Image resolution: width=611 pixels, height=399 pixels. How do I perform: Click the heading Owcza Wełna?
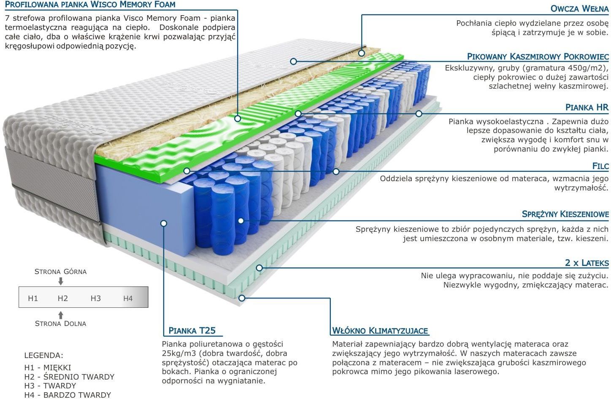(579, 8)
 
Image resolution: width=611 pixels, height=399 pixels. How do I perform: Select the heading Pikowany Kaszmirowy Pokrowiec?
(538, 57)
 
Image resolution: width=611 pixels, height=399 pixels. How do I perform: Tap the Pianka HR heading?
(587, 107)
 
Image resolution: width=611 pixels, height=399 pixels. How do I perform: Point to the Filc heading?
(600, 166)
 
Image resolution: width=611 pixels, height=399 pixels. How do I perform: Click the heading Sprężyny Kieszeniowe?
(565, 214)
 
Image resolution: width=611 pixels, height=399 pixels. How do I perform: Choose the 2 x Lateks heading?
(587, 263)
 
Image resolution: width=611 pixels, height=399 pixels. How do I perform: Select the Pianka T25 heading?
(192, 331)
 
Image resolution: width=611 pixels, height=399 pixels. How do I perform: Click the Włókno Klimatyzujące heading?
(380, 331)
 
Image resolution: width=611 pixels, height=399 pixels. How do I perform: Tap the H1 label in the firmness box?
(33, 298)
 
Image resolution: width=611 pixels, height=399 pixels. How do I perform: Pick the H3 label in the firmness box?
(95, 298)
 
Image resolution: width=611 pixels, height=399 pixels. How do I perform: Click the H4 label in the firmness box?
(128, 298)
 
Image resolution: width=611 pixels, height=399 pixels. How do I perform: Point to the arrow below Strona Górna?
(61, 281)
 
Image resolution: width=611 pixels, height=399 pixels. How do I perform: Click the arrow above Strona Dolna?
(61, 315)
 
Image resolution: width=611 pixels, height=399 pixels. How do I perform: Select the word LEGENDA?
(43, 356)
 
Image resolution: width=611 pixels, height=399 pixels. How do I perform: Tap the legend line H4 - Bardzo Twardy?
(68, 395)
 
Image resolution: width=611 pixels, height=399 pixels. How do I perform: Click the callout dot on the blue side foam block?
(164, 223)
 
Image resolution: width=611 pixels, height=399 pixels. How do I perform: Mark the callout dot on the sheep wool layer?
(362, 53)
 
